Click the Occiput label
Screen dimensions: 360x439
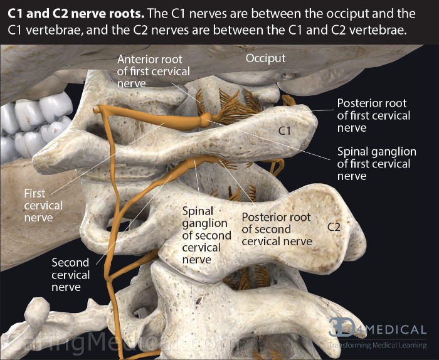(x=265, y=58)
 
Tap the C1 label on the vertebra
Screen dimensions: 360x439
(x=286, y=130)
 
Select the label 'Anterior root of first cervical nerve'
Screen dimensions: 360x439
(x=153, y=71)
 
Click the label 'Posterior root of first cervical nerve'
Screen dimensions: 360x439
(x=373, y=115)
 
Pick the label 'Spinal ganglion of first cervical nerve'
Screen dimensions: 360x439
(x=376, y=164)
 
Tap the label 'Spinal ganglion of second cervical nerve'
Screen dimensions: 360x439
(x=201, y=235)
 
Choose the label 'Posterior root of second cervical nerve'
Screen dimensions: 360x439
(x=276, y=229)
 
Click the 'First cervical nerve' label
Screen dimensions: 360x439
(x=43, y=205)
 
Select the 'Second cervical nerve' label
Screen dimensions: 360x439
(x=70, y=275)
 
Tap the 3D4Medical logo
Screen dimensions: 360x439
(x=377, y=328)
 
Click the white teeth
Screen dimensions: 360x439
(x=25, y=125)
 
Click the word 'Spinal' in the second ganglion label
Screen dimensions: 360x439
(x=198, y=211)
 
